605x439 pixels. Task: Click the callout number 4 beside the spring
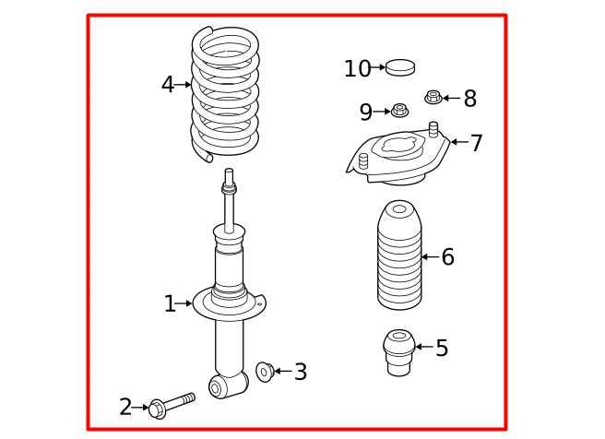(168, 85)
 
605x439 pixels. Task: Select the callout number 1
(170, 303)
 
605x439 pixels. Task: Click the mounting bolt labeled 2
(172, 406)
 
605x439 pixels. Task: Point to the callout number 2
(125, 407)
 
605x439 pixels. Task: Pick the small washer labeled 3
(265, 372)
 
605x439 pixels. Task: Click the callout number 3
(301, 372)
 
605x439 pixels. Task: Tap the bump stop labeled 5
(399, 352)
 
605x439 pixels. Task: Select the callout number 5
(442, 348)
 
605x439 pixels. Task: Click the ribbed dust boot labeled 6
(399, 255)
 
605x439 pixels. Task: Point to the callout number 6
(448, 256)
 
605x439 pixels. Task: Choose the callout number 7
(477, 143)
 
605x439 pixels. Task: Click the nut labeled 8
(433, 97)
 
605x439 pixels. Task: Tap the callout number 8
(470, 99)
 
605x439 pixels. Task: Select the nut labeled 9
(399, 111)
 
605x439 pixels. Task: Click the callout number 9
(366, 112)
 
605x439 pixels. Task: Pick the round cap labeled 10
(400, 67)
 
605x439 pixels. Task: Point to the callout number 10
(357, 68)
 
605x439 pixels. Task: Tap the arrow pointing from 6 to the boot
(431, 256)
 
